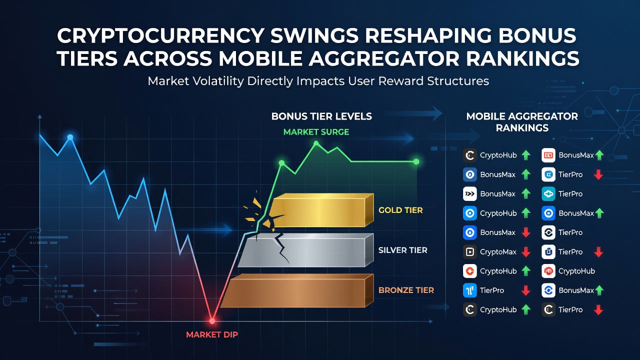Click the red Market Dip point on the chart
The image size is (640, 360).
coord(212,321)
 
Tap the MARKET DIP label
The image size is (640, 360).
coord(212,334)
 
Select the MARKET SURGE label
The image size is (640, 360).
coord(316,132)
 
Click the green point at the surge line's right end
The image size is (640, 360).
coord(416,161)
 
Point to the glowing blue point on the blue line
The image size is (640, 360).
coord(70,137)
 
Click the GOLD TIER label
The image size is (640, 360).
coord(400,210)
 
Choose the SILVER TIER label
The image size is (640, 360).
coord(403,250)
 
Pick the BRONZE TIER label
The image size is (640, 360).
coord(406,290)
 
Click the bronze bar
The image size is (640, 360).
coord(297,291)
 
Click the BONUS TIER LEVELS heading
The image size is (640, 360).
coord(321,116)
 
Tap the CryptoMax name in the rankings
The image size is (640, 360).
coord(498,251)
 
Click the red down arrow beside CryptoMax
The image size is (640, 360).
coord(526,252)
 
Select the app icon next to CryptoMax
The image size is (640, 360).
coord(470,251)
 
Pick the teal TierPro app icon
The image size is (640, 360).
coord(548,193)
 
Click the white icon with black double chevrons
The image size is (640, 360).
coord(470,193)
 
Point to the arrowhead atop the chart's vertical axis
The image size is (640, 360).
coord(39,116)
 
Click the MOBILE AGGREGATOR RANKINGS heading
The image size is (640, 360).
coord(522,122)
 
